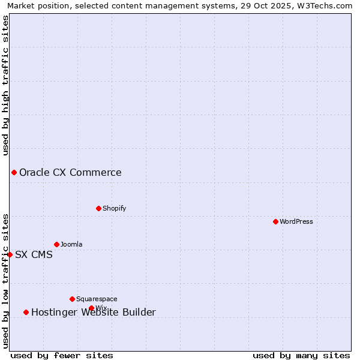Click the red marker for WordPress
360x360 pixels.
coord(275,221)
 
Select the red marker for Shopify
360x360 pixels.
coord(98,208)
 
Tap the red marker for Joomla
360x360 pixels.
coord(56,244)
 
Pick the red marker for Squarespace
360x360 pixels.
coord(72,299)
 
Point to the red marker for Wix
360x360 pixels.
coord(91,308)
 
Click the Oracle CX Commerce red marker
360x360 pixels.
coord(14,173)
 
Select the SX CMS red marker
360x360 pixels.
coord(10,254)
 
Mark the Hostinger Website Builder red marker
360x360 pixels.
coord(26,312)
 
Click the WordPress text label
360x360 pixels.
coord(296,221)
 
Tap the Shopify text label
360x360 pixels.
coord(115,208)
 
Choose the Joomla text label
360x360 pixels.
coord(71,244)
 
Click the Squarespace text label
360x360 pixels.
coord(97,299)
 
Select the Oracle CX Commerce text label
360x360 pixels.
coord(70,173)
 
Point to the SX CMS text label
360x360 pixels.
coord(34,254)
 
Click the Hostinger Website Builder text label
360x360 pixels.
coord(94,312)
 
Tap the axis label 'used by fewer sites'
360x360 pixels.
coord(62,355)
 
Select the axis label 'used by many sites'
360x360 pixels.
coord(301,355)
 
